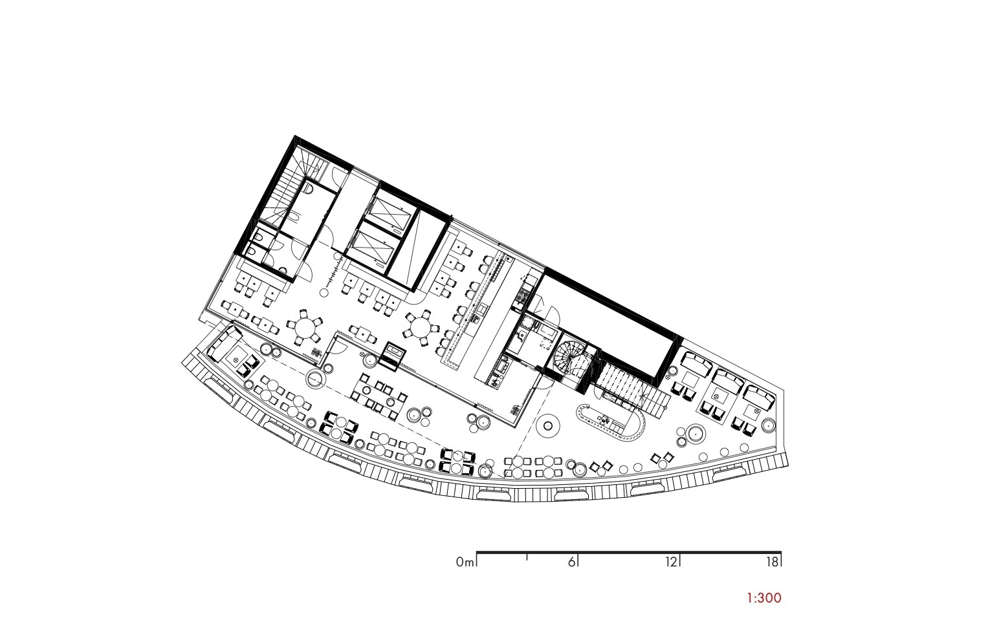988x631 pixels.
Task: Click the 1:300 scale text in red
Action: [763, 598]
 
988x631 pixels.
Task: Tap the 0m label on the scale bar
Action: [465, 562]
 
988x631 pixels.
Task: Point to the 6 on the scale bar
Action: [571, 562]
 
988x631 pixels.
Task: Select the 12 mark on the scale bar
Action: [671, 562]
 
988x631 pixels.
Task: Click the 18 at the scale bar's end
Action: [772, 562]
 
